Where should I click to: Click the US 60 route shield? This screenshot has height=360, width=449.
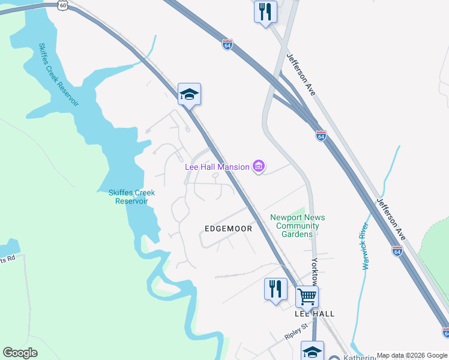coord(62,4)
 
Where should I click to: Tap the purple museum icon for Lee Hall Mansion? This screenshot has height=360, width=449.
coord(259,166)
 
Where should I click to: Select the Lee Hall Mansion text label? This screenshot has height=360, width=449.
coord(216,167)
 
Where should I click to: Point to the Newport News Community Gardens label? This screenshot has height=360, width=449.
coord(294,226)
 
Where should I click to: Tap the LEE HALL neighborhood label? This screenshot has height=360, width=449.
coord(315,314)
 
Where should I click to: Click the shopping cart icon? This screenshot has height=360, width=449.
coord(307,295)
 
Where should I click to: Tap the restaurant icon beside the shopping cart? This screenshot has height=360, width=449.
coord(276,289)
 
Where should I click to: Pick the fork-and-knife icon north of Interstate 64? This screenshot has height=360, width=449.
coord(265,11)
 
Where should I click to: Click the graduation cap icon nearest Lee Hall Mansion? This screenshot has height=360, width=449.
coord(189,94)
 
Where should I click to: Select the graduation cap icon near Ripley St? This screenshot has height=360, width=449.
coord(312,351)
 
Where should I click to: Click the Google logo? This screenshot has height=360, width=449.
coord(20,353)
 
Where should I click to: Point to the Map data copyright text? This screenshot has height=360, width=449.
coord(411,355)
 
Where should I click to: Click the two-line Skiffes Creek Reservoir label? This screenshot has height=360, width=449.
coord(131,197)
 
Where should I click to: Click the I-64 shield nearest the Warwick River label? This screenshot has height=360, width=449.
coord(397,251)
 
